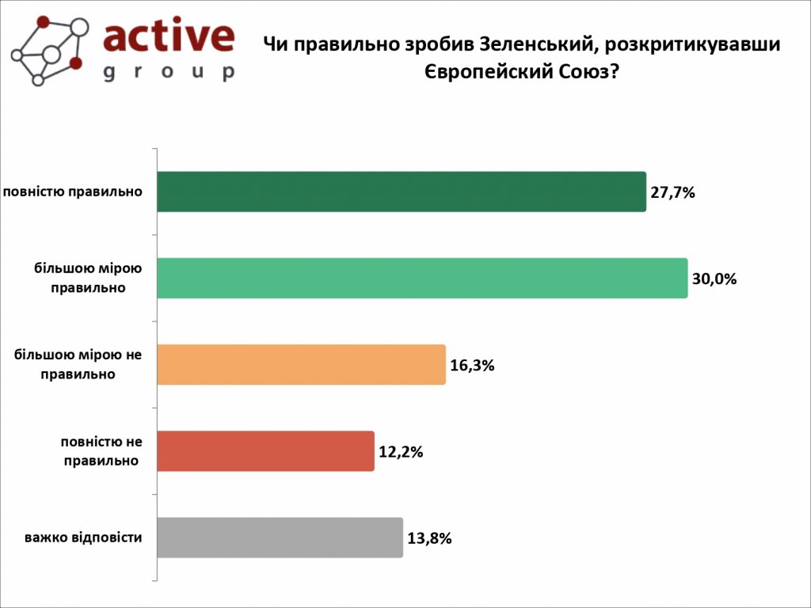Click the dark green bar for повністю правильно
pos(402,192)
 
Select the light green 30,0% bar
pos(422,278)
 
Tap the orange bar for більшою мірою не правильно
pos(301,365)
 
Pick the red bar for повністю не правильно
pos(265,451)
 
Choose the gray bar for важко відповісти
pos(280,538)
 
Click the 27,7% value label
pos(672,192)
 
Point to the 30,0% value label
pos(714,279)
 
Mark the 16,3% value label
pos(472,366)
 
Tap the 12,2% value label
pos(401,452)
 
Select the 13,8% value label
pos(429,538)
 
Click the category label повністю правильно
pos(73,192)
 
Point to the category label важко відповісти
pos(83,538)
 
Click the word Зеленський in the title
pos(524,44)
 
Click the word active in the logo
pos(169,36)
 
